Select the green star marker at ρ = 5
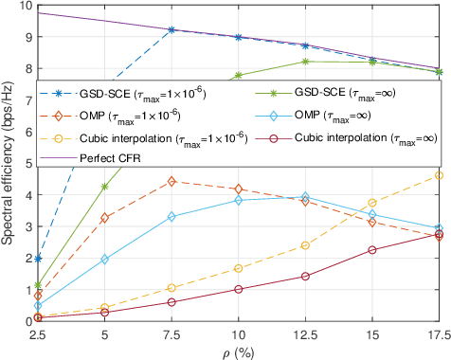point(104,187)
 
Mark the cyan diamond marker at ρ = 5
point(104,259)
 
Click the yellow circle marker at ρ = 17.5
point(438,175)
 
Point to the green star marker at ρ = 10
point(238,76)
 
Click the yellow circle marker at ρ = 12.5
point(305,245)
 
